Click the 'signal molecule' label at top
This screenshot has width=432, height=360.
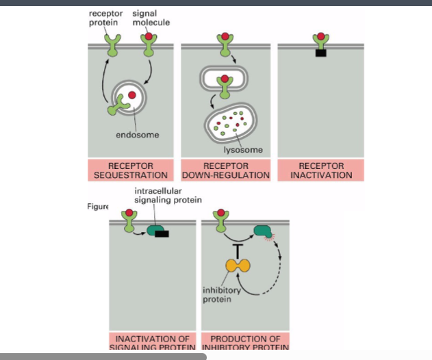click(151, 18)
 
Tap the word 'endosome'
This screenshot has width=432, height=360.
click(137, 135)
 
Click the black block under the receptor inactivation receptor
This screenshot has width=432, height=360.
click(321, 53)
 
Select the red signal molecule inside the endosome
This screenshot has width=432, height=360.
click(132, 94)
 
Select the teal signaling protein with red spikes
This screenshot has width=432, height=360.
click(262, 232)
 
